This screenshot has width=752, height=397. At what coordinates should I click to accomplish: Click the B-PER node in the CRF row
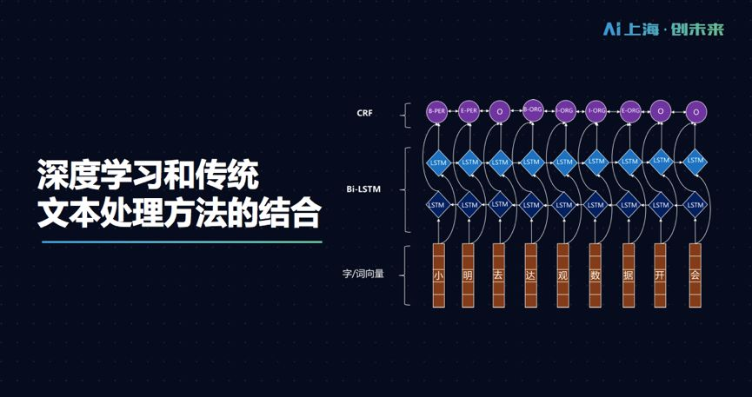point(436,112)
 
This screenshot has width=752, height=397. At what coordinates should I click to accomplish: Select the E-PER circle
point(469,111)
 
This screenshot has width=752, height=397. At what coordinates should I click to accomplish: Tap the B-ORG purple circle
point(531,111)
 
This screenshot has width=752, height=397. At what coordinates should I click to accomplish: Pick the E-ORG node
point(630,111)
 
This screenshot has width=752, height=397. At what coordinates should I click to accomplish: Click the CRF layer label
point(364,113)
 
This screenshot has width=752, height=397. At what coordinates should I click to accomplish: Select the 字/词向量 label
point(363,274)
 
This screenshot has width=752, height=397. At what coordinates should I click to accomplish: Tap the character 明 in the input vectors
point(468,275)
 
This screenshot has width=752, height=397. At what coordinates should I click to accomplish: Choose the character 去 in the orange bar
point(499,275)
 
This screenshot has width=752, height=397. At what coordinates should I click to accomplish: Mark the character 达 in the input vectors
point(530,275)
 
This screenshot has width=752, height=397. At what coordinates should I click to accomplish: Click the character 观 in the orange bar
point(562,275)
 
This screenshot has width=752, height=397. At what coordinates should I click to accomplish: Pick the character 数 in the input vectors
point(596,275)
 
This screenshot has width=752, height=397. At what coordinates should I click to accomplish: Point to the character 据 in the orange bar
point(628,275)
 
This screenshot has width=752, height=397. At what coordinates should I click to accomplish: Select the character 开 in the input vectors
point(660,275)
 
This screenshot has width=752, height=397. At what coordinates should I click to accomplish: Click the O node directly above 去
point(499,112)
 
